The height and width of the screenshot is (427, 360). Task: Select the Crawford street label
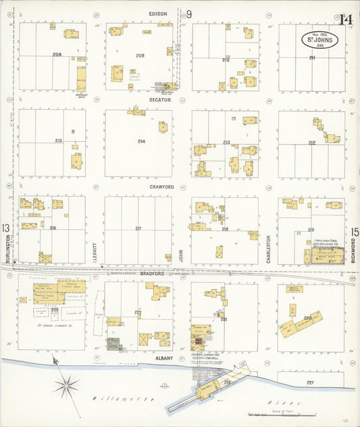point(162,186)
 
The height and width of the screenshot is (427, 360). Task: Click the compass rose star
point(66,387)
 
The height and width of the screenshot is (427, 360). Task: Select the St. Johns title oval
point(322,39)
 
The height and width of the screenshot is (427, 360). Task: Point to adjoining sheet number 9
point(189,14)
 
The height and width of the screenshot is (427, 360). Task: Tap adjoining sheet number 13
point(6,228)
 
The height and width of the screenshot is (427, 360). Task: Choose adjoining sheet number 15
point(355,232)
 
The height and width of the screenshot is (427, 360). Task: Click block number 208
point(57,54)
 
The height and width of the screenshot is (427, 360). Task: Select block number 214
point(141,141)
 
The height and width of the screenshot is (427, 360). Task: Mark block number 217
point(138,228)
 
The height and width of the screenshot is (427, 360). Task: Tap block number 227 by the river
point(310,383)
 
